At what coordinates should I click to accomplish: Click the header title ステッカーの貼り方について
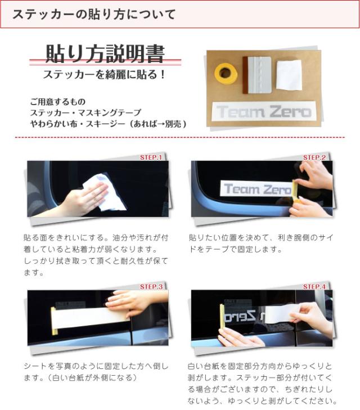click(94, 15)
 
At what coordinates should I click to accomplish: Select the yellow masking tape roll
click(226, 73)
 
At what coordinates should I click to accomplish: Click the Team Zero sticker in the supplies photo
click(264, 111)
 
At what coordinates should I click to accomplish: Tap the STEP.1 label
click(151, 157)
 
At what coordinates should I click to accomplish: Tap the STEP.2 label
click(314, 157)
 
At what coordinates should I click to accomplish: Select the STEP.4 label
click(314, 287)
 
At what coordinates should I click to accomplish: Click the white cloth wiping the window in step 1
click(107, 193)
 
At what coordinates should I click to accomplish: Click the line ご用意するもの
click(57, 102)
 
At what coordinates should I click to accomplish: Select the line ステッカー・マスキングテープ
click(85, 112)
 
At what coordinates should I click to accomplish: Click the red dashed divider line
click(180, 137)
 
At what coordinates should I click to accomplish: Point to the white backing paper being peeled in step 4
click(279, 314)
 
